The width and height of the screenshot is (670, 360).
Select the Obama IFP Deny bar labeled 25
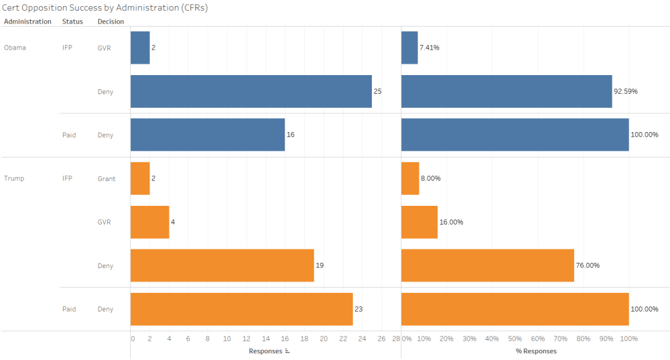point(251,91)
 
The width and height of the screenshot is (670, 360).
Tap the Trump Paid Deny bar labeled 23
point(241,309)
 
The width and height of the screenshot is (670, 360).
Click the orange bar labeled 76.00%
point(487,265)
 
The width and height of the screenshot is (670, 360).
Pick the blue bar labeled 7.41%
point(409,48)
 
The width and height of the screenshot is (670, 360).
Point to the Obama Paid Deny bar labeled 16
point(207,135)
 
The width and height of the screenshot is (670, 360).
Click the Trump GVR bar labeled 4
point(149,222)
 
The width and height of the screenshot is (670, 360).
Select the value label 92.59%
point(626,91)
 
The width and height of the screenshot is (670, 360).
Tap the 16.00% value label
point(452,222)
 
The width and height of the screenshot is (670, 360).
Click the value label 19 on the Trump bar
point(320,265)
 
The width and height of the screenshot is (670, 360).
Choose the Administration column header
point(27,21)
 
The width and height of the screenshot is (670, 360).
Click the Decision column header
point(111,21)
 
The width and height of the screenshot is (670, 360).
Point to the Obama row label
point(15,48)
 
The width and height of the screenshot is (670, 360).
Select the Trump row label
point(14,178)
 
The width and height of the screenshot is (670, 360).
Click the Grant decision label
point(107,178)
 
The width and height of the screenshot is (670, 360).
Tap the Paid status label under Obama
point(69,135)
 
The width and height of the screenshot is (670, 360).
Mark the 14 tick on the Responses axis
point(266,339)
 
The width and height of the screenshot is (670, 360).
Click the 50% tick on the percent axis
point(515,339)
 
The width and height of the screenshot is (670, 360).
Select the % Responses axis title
point(536,351)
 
